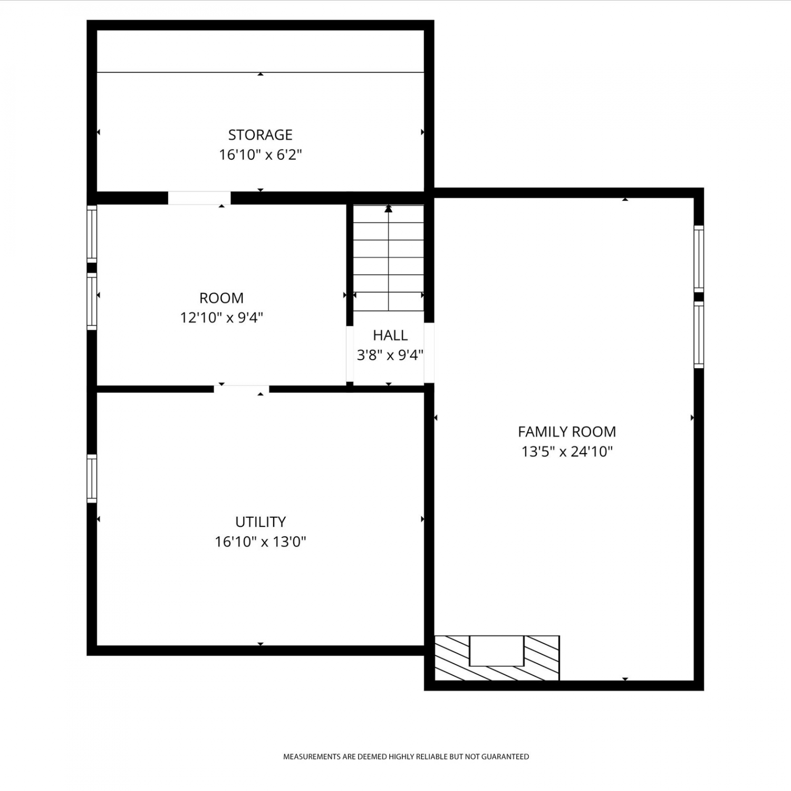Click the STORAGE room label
coord(260,135)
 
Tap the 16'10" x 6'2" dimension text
coord(261,155)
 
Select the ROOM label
coord(221,298)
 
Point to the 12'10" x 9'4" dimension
coord(221,318)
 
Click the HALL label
coord(390,335)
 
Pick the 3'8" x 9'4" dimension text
coord(390,355)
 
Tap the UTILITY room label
coord(261,522)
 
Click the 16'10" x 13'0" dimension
coord(261,542)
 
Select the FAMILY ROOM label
coord(567,432)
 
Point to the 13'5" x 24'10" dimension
coord(567,452)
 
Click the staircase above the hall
coord(389,258)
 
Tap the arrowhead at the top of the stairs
coord(389,208)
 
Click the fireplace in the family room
coord(497,658)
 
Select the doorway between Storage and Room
coord(199,198)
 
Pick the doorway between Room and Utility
coord(242,389)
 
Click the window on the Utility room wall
coord(92,479)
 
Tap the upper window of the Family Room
coord(699,258)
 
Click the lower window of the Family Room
coord(699,335)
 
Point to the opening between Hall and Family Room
coord(429,353)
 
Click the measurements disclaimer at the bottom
coord(406,757)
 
